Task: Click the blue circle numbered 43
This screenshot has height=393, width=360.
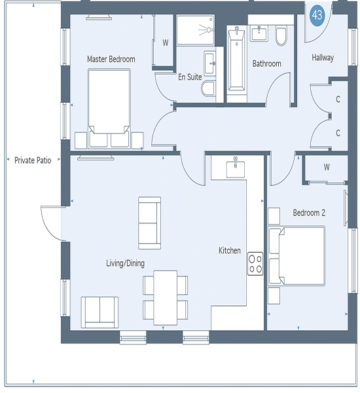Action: coord(317,15)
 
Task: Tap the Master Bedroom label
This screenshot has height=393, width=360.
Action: coord(111,59)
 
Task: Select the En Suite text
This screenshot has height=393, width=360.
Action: coord(190,77)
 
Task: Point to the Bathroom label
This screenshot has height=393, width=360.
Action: coord(266,64)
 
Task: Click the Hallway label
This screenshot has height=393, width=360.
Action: coord(323,58)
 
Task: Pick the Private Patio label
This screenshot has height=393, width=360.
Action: coord(33,160)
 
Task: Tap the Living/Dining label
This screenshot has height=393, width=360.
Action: coord(125,263)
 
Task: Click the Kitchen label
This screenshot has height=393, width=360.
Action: coord(230,250)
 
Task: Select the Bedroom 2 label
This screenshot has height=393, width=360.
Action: coord(309,212)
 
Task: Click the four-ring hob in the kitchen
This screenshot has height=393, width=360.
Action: coord(255,264)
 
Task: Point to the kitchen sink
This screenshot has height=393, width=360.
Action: coord(236,168)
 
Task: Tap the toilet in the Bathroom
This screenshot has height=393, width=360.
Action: coord(281,36)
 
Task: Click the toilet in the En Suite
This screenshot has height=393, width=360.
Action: coord(208,88)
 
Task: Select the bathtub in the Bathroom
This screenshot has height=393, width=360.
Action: coord(236,59)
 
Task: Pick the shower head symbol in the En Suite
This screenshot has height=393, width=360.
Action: coord(206,30)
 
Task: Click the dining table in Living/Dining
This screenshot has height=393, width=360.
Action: coord(166,298)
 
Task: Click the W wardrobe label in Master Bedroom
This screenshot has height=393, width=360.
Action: coord(166,43)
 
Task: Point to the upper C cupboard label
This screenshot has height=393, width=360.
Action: coord(338,100)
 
